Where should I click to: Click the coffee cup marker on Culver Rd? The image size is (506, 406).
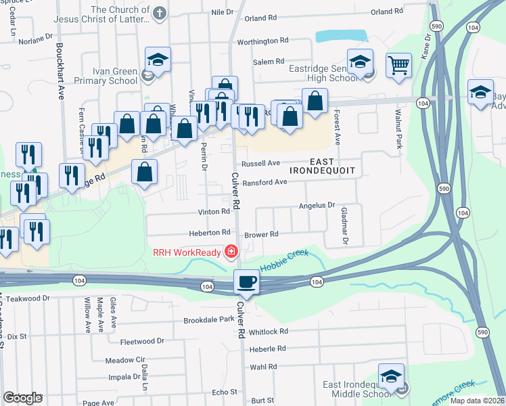[x=246, y=281]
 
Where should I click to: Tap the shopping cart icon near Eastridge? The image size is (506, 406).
[x=398, y=66]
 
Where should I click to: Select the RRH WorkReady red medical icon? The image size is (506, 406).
[x=231, y=252]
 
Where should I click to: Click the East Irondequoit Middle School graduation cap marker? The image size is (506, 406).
[x=391, y=376]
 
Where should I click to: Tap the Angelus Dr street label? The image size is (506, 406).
[x=317, y=205]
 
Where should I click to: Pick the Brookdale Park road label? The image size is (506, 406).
[x=208, y=319]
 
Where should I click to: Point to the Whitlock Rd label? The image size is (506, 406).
[x=268, y=332]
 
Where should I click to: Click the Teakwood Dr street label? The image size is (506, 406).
[x=28, y=298]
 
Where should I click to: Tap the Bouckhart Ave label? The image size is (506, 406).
[x=60, y=72]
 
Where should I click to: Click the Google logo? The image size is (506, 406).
[x=22, y=398]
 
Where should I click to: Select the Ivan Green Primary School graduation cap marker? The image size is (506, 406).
[x=158, y=60]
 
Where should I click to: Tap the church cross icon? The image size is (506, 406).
[x=159, y=13]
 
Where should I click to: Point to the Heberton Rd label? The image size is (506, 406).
[x=210, y=232]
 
